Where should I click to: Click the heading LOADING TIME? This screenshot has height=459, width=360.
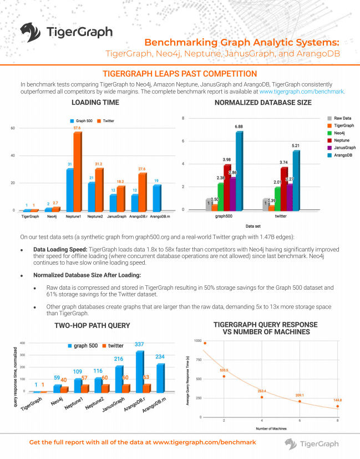click(x=95, y=103)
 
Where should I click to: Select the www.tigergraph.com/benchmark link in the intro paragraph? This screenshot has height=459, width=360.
click(x=302, y=91)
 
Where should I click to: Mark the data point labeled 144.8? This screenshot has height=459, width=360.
click(x=337, y=406)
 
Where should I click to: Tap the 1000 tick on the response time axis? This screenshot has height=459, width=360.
click(x=198, y=341)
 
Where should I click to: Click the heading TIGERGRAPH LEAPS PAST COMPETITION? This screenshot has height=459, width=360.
click(x=180, y=74)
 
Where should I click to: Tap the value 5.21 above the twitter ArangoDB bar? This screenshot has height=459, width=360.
click(x=296, y=146)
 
